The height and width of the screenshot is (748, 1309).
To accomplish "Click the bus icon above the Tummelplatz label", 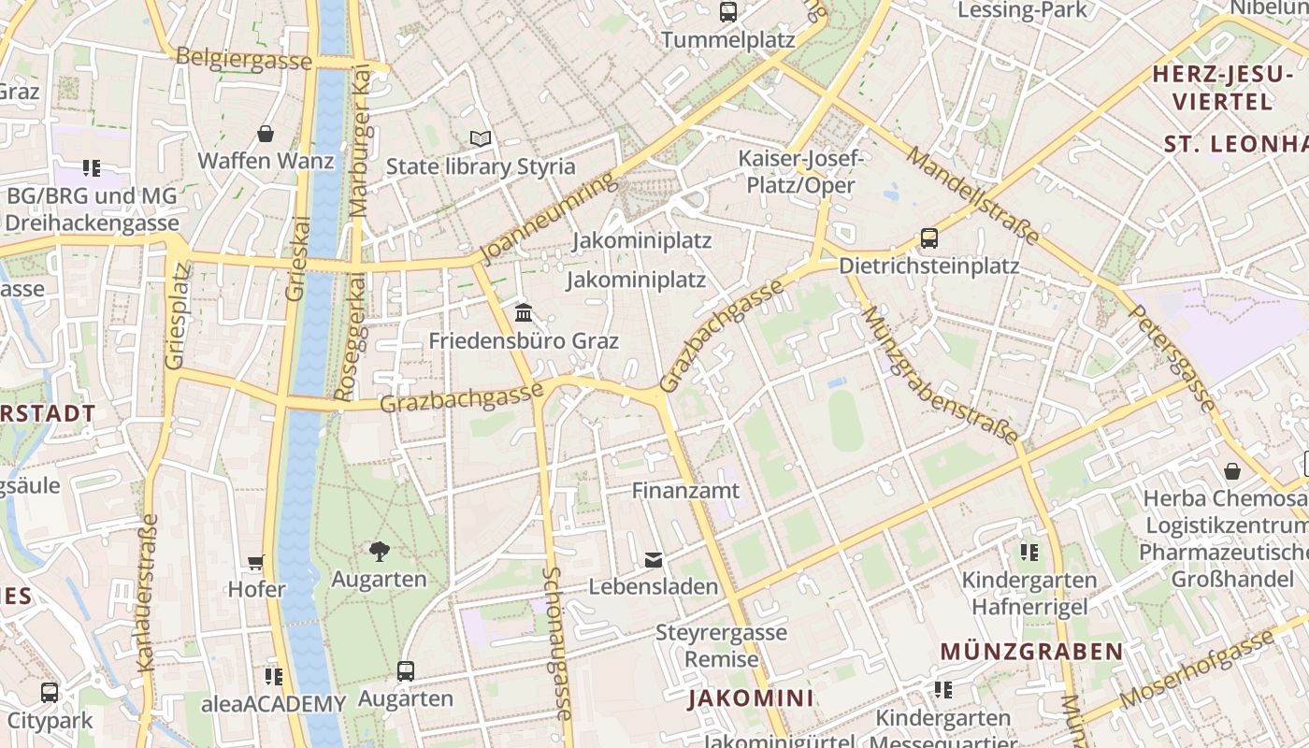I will click(727, 12).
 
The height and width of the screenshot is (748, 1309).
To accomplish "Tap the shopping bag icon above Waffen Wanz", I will click(266, 134).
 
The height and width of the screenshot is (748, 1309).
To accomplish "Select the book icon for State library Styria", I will click(481, 139).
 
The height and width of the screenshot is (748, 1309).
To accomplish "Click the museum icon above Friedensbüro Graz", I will click(524, 311).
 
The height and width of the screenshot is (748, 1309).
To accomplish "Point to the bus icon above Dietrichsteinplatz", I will click(928, 237).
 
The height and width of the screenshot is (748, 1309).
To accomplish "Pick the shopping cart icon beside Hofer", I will click(256, 562).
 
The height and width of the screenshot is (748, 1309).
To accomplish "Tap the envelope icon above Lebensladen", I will click(654, 560).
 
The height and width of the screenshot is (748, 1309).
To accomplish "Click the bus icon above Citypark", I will click(50, 693).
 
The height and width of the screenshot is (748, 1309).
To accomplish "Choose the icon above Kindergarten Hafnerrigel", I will click(1029, 553).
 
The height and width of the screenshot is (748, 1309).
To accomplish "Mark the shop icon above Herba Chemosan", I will click(1232, 470).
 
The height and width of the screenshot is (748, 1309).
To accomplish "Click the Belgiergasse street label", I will click(244, 60).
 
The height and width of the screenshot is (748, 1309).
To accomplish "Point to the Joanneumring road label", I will click(549, 218).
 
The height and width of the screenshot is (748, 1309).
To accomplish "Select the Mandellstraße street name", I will click(973, 195).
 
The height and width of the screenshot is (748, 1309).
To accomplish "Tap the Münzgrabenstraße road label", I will click(941, 375).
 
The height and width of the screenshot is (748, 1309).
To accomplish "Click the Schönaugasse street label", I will click(557, 643).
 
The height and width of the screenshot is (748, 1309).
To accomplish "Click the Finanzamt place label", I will click(685, 490).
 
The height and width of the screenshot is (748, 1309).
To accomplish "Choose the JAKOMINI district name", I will click(751, 698).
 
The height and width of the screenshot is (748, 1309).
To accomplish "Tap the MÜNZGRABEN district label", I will click(1031, 651).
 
